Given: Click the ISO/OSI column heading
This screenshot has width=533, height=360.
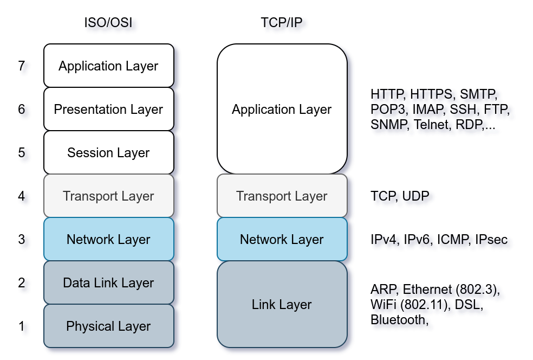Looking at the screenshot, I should point(111,24).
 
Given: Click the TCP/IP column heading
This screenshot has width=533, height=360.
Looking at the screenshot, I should point(285,24).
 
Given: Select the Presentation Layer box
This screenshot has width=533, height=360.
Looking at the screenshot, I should point(108,109).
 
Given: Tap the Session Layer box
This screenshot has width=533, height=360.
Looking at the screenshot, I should point(108,152).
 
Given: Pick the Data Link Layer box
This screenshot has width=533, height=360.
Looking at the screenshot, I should point(108,282).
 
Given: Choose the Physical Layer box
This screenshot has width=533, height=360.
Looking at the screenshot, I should point(108,326).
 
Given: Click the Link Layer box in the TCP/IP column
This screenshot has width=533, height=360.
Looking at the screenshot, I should point(282,304).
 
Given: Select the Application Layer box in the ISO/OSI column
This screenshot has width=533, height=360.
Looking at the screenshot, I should point(108,66).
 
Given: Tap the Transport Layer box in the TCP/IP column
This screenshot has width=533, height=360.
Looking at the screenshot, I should point(282,196).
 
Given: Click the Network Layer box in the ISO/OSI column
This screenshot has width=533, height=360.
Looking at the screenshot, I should point(108,239).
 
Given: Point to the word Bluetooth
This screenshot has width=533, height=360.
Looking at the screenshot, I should point(400,320).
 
